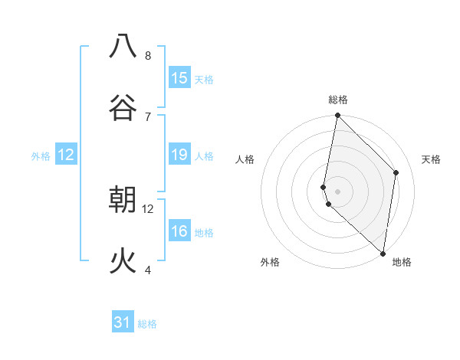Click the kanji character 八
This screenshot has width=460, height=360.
point(123,46)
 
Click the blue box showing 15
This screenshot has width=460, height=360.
point(179,78)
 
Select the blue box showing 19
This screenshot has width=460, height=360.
point(179,155)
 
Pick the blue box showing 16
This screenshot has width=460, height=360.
point(179,231)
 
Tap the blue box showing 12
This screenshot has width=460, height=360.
point(66,155)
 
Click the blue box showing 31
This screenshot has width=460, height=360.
point(123,322)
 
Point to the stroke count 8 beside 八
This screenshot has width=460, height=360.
point(148,56)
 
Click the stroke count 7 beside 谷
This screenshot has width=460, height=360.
point(148,116)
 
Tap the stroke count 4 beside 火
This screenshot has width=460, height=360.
point(148,270)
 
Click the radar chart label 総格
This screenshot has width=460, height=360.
point(338,100)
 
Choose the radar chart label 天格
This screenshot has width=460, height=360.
point(431,159)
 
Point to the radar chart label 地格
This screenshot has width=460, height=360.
point(402,262)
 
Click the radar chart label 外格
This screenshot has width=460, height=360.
point(270,262)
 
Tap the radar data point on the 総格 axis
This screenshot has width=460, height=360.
point(337,116)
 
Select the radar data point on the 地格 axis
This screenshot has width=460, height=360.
point(383,253)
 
